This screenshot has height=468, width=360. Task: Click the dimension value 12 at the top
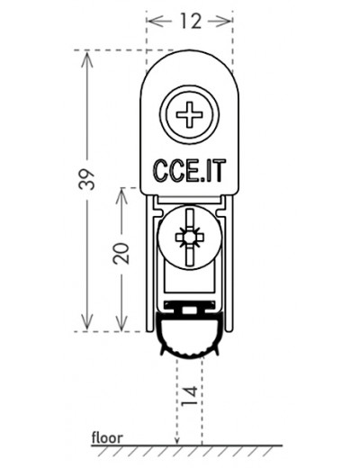click(191, 21)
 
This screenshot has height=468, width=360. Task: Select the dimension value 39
click(86, 179)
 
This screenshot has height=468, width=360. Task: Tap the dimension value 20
click(121, 253)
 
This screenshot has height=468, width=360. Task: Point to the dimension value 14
click(190, 395)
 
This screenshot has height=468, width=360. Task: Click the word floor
click(107, 437)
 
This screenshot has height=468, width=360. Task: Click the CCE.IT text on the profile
click(189, 171)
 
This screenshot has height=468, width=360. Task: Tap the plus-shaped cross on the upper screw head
click(189, 114)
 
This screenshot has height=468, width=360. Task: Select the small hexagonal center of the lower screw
click(189, 238)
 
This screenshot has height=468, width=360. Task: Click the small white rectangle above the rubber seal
click(189, 310)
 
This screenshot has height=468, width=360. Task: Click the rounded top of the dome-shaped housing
click(190, 50)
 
